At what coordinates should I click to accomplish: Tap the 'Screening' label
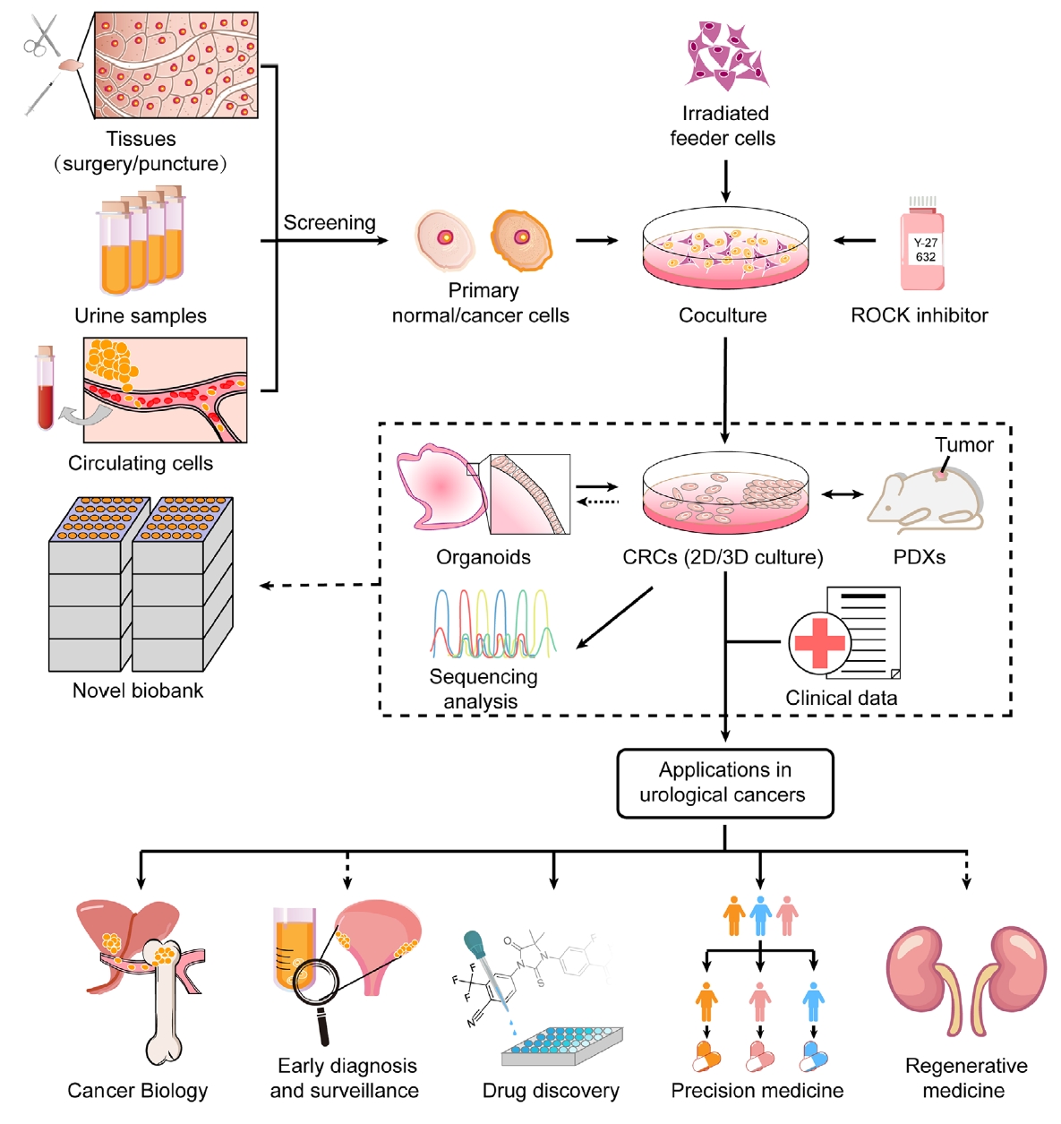coord(329,223)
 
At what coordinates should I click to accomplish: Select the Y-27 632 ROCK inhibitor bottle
coord(923,246)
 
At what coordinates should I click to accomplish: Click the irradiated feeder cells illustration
coord(726,54)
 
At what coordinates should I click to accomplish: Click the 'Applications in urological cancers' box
coord(724,783)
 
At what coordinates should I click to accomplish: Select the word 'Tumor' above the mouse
coord(964,445)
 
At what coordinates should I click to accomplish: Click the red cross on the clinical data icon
coord(819,641)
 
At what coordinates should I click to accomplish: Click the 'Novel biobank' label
coord(138,691)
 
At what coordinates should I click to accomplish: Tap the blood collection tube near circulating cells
coord(45,389)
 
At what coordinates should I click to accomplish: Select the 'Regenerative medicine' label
coord(965,1077)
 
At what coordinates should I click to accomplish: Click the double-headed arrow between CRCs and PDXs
coord(842,494)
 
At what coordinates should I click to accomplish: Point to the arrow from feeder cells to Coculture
coord(725,181)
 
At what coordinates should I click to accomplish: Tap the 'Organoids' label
coord(483,557)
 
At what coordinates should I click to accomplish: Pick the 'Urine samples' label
coord(141,316)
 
